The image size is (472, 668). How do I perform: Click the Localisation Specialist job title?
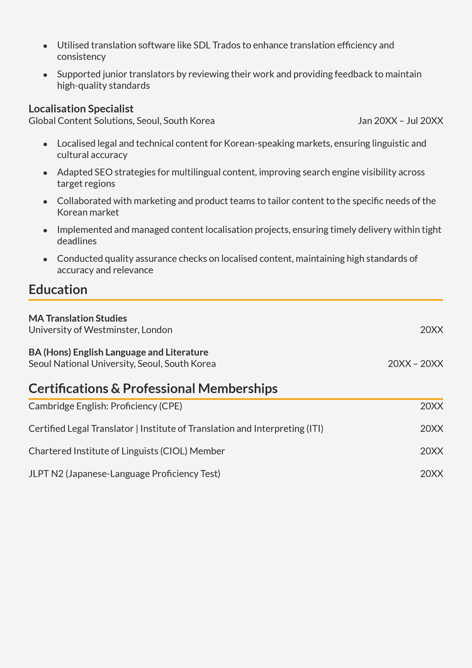point(81,109)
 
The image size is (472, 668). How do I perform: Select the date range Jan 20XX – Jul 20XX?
point(400,121)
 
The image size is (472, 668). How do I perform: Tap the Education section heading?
point(58,290)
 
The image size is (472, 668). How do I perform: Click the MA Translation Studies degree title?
point(77,319)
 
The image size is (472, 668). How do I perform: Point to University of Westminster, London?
point(100,330)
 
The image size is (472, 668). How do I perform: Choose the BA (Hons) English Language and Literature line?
point(118,353)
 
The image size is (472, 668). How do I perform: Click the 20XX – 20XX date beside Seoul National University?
point(415,364)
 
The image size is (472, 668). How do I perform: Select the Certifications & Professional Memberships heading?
point(153,388)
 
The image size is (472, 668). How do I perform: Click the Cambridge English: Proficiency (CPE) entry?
point(105,407)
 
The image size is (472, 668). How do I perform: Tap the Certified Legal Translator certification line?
point(176,429)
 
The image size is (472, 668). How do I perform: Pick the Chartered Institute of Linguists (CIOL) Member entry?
point(126,451)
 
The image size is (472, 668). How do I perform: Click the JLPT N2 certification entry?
point(124,474)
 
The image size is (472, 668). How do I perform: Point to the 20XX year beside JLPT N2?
point(432,474)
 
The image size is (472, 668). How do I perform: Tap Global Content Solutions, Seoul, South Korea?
point(121,121)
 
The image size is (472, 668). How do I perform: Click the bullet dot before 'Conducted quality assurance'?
point(45,259)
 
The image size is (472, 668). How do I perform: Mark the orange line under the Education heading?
point(235,300)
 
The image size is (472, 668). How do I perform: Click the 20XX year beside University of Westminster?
point(432,330)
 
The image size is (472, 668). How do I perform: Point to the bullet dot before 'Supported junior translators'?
point(45,75)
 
